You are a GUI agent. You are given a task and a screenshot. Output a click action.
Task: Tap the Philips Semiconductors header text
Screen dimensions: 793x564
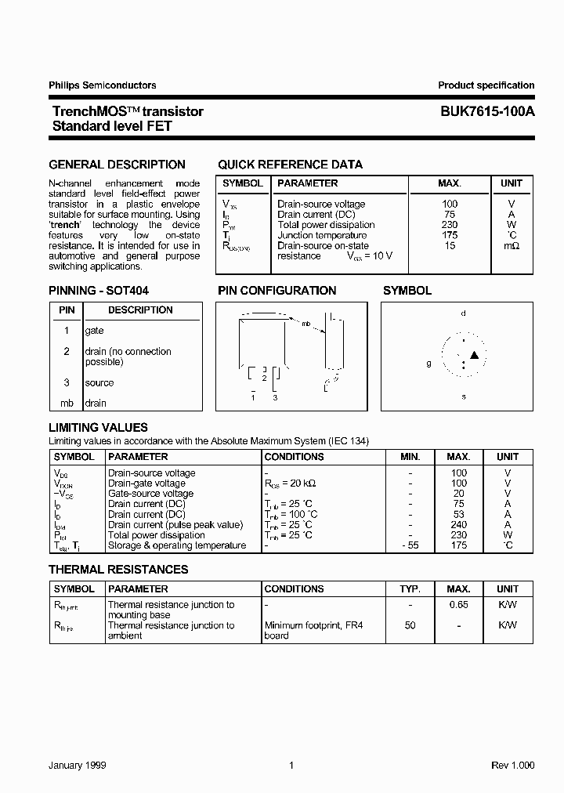pyautogui.click(x=103, y=85)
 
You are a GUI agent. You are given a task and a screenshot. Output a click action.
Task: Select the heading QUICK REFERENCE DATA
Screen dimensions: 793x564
pyautogui.click(x=290, y=165)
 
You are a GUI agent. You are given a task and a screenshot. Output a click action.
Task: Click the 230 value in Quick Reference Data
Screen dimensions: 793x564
pyautogui.click(x=450, y=225)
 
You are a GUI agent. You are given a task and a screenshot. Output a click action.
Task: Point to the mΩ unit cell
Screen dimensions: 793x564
pyautogui.click(x=511, y=246)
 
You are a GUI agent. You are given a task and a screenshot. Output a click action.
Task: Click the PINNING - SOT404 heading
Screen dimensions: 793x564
pyautogui.click(x=99, y=290)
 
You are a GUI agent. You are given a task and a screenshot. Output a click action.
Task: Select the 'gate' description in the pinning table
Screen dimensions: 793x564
pyautogui.click(x=94, y=331)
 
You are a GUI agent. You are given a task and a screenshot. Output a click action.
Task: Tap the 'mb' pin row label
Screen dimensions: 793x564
pyautogui.click(x=67, y=403)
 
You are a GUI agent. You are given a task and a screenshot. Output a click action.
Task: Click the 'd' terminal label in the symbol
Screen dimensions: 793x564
pyautogui.click(x=463, y=313)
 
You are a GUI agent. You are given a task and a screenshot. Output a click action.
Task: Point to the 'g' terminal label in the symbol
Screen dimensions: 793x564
pyautogui.click(x=428, y=363)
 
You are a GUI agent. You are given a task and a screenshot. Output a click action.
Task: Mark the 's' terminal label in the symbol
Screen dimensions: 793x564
pyautogui.click(x=463, y=396)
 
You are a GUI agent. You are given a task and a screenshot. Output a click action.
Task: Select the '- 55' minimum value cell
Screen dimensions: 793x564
pyautogui.click(x=410, y=545)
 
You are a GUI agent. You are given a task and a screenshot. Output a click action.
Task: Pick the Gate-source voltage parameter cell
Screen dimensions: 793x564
pyautogui.click(x=150, y=494)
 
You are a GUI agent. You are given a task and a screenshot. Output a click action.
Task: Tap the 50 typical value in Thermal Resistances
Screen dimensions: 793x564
pyautogui.click(x=410, y=625)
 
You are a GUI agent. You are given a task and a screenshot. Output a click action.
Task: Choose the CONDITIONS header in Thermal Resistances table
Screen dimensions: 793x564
pyautogui.click(x=295, y=588)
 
